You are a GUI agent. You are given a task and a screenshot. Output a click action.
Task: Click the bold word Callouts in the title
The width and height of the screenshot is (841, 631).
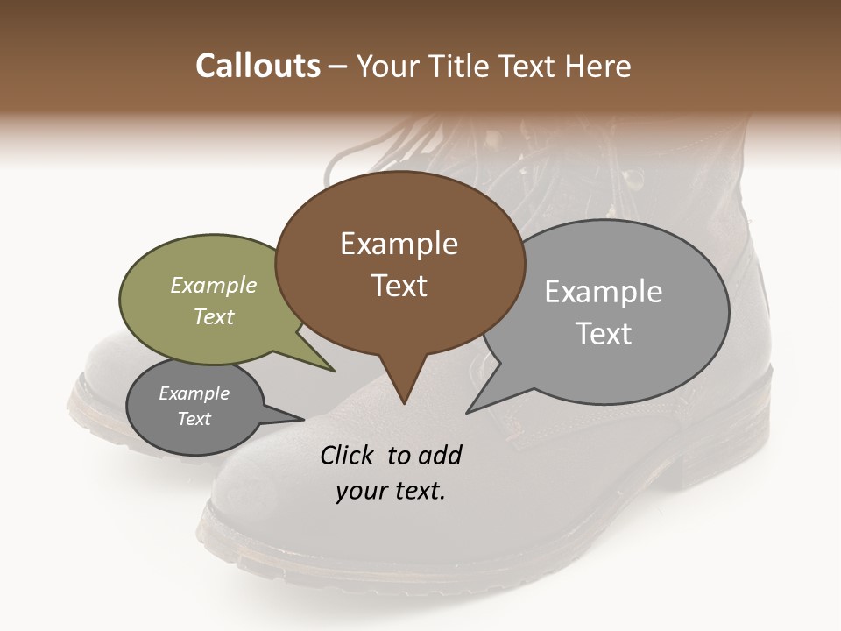tap(258, 66)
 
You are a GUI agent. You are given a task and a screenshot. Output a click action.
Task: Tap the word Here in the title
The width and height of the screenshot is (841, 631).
tap(599, 66)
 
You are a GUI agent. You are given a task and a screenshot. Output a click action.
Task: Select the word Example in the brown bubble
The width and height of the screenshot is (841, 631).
tap(399, 244)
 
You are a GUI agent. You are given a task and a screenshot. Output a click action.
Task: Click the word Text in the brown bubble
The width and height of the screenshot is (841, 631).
tap(399, 286)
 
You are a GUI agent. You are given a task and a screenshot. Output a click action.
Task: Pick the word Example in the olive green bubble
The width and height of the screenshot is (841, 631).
tap(214, 285)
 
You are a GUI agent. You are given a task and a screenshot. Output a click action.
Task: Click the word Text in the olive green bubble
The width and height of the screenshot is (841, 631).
tap(214, 316)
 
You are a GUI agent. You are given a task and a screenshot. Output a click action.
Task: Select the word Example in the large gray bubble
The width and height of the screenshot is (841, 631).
tap(604, 292)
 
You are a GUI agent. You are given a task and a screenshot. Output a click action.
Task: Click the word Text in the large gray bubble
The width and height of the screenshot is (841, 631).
tap(604, 334)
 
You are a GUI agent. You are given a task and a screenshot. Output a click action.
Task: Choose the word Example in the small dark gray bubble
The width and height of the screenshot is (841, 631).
tap(194, 393)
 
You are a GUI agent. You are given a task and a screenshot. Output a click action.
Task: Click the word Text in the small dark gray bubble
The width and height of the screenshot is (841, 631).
tap(194, 419)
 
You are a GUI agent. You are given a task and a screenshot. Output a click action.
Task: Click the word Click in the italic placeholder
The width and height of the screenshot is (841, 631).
tap(347, 455)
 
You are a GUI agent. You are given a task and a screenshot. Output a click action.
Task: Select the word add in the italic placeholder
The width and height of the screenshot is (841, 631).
tap(440, 455)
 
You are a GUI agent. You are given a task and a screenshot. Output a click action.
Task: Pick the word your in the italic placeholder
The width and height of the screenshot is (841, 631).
tap(361, 491)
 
